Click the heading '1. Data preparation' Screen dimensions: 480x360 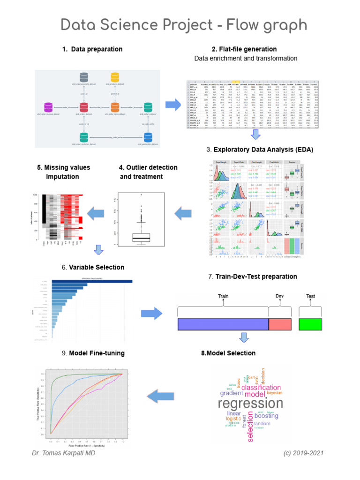[92, 49]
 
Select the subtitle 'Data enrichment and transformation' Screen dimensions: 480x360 [246, 59]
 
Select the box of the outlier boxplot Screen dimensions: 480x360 [141, 237]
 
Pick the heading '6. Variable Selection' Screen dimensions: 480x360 [92, 267]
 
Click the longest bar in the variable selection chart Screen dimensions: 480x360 [92, 281]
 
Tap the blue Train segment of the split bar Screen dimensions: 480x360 [223, 325]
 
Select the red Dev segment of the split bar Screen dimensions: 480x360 [281, 325]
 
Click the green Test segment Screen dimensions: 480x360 [310, 325]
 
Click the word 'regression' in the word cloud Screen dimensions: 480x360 [251, 404]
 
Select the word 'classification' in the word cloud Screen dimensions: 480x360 [261, 388]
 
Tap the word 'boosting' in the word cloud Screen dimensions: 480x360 [266, 416]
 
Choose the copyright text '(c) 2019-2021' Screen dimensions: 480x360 [303, 454]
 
